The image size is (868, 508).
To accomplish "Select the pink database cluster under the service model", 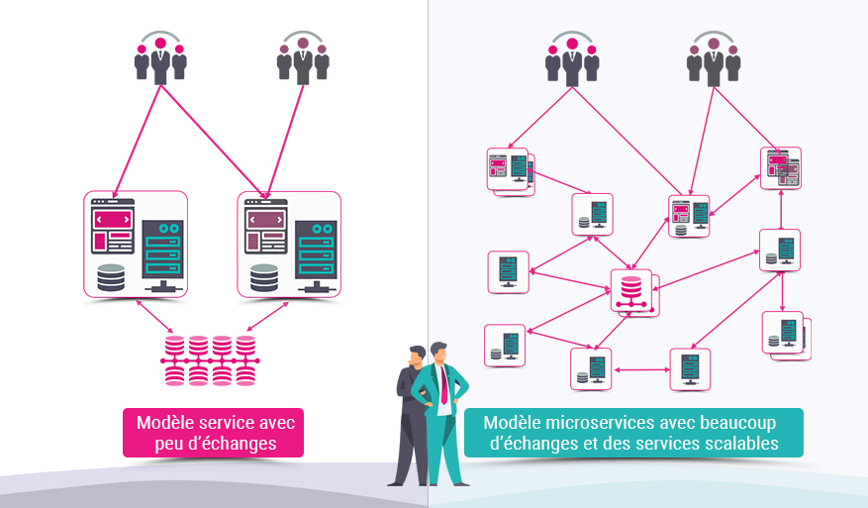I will [210, 360].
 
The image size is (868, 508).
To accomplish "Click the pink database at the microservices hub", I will [629, 290].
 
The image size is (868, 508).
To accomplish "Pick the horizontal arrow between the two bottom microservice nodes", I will [641, 369].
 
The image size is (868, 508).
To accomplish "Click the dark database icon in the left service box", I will [111, 277].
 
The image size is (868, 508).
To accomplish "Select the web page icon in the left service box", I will [112, 227].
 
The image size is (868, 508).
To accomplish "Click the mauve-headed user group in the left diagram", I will [302, 58].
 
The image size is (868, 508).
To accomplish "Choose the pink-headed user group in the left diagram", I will [160, 58].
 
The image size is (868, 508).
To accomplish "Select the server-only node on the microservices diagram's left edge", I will [508, 270].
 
